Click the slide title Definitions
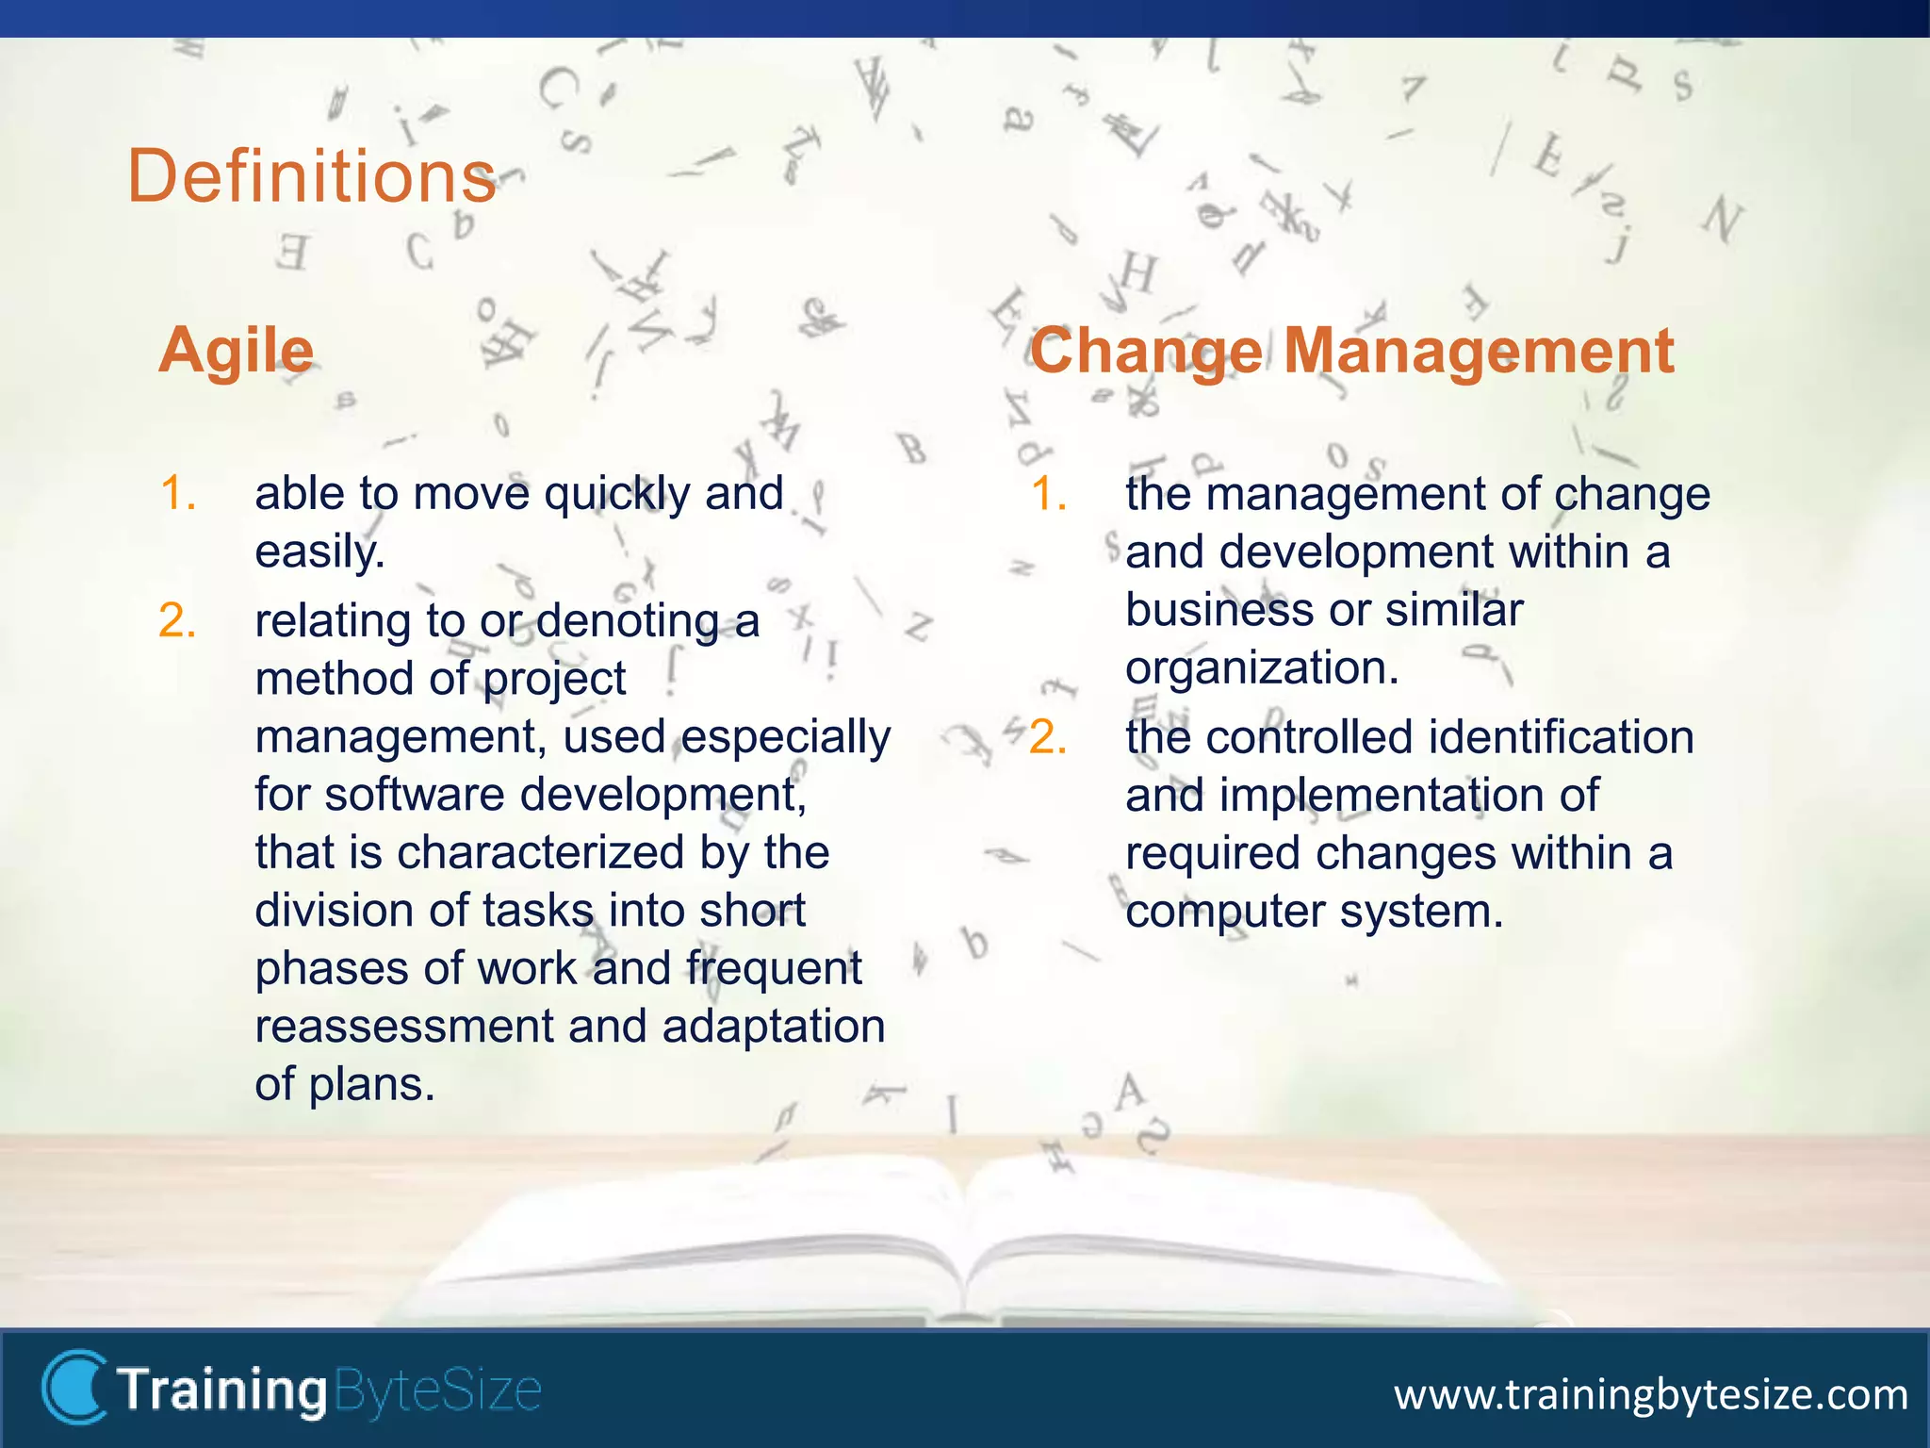point(311,176)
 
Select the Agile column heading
point(236,351)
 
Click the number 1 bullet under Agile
point(177,494)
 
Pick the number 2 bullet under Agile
point(177,621)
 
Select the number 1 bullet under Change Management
point(1048,494)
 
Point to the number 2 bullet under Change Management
point(1048,737)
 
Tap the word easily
point(319,551)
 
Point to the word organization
point(1261,668)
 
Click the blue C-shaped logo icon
point(74,1387)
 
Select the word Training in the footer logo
point(222,1390)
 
